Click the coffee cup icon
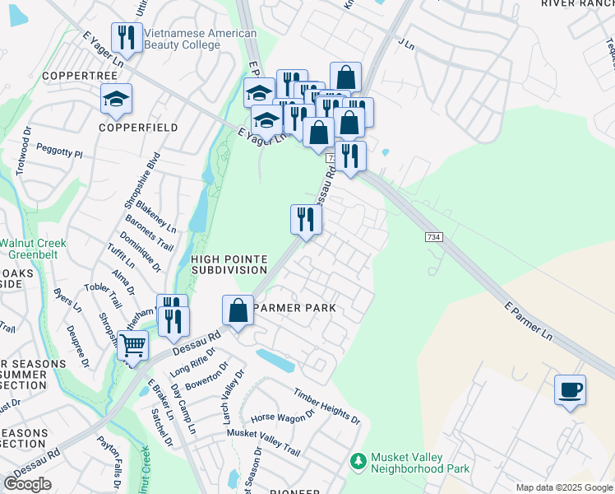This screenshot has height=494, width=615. pyautogui.click(x=570, y=389)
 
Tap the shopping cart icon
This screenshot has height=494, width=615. pyautogui.click(x=132, y=346)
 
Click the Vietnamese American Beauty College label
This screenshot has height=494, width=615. pyautogui.click(x=200, y=40)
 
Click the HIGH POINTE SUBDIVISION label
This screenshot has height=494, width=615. pyautogui.click(x=229, y=264)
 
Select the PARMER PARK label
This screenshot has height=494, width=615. pyautogui.click(x=295, y=308)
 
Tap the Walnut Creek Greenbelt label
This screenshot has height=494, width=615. pyautogui.click(x=32, y=249)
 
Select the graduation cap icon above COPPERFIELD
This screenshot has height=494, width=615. pyautogui.click(x=116, y=99)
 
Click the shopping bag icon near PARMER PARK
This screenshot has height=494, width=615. pyautogui.click(x=238, y=311)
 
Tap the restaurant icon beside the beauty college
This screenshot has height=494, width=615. pyautogui.click(x=126, y=37)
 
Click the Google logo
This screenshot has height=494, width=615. pyautogui.click(x=27, y=484)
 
